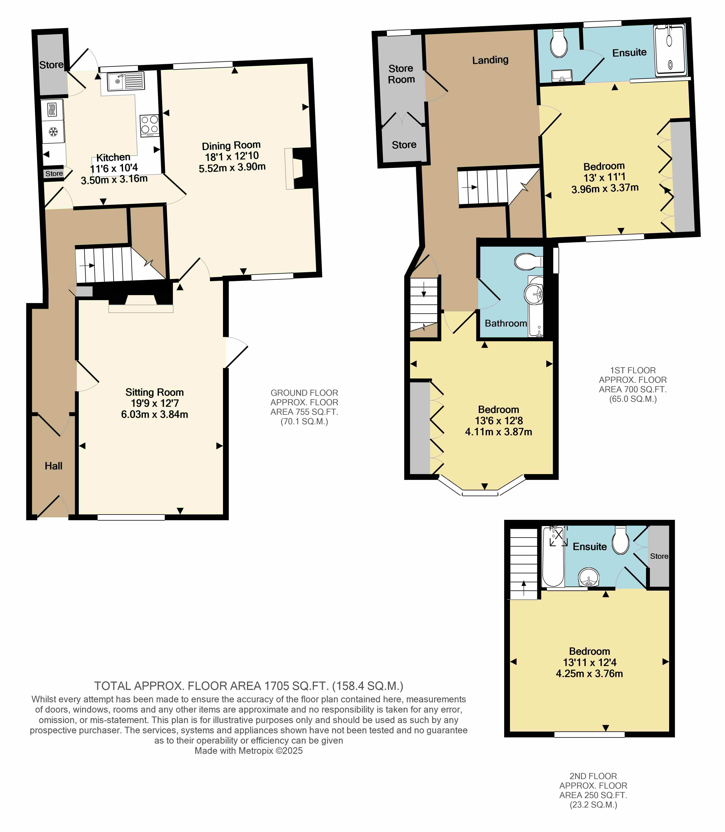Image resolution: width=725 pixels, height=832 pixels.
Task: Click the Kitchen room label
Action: point(113,157)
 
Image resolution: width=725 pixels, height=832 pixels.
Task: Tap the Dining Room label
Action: point(231,146)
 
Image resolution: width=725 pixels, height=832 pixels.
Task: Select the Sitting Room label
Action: point(154,392)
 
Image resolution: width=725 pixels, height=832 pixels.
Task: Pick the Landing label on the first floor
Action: point(490,60)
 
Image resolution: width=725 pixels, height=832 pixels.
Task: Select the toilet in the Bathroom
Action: point(528,261)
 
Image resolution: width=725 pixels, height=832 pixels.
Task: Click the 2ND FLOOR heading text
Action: point(593,776)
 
